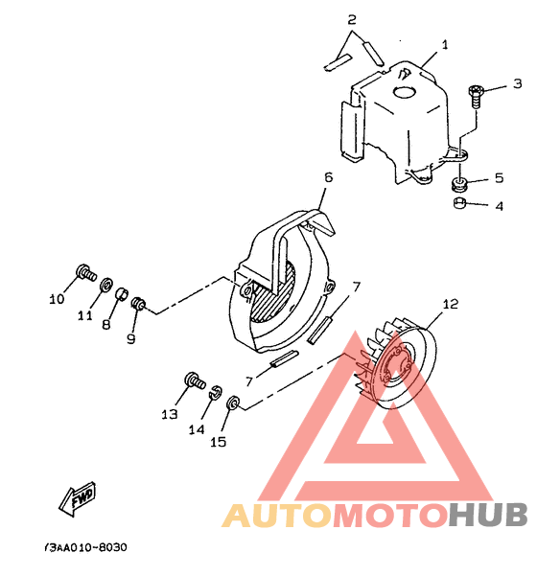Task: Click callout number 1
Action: pyautogui.click(x=445, y=45)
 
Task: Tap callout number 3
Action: pyautogui.click(x=517, y=83)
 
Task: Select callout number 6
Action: pyautogui.click(x=328, y=177)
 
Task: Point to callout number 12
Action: pyautogui.click(x=451, y=304)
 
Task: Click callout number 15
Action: pyautogui.click(x=218, y=442)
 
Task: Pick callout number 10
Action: pyautogui.click(x=57, y=299)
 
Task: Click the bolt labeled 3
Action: pyautogui.click(x=476, y=96)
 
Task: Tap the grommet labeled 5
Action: pyautogui.click(x=459, y=184)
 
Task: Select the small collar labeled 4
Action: pyautogui.click(x=459, y=203)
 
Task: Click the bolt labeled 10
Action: pyautogui.click(x=85, y=272)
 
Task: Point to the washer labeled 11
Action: pyautogui.click(x=106, y=285)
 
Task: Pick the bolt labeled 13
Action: pyautogui.click(x=195, y=380)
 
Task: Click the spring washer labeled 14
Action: pyautogui.click(x=216, y=392)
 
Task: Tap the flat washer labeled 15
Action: pyautogui.click(x=233, y=402)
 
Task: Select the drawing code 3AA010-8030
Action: pyautogui.click(x=85, y=547)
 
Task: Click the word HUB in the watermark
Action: pyautogui.click(x=488, y=515)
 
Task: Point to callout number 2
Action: pyautogui.click(x=352, y=19)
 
